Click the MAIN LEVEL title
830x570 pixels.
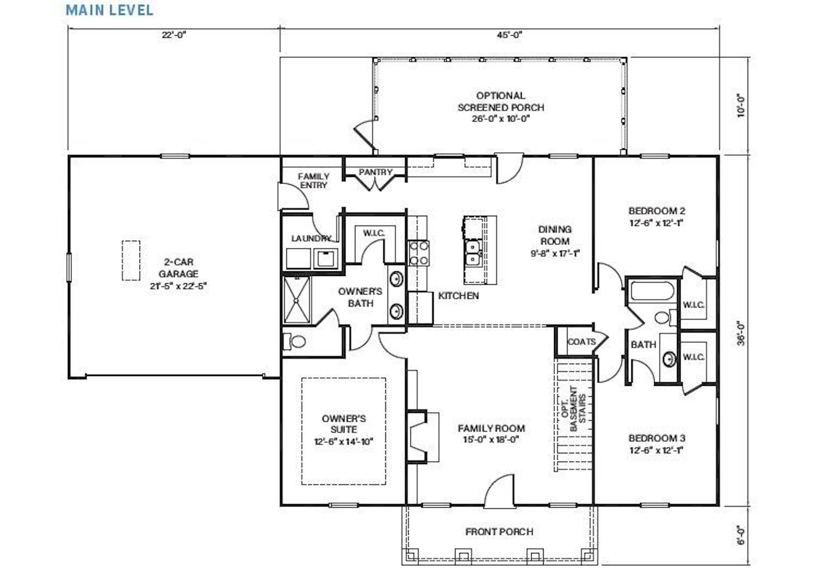click(x=109, y=10)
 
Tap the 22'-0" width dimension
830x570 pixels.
click(x=173, y=35)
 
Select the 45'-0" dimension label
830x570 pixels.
click(x=509, y=35)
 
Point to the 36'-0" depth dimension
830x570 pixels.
click(x=741, y=333)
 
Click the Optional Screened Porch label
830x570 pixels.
click(x=501, y=107)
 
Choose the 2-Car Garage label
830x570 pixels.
click(x=178, y=274)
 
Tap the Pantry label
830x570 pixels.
click(x=376, y=172)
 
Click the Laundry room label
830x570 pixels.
click(x=311, y=238)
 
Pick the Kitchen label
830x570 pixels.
click(x=459, y=296)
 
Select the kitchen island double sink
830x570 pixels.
click(x=473, y=253)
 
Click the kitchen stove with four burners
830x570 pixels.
click(x=419, y=253)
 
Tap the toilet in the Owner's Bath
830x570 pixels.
click(x=294, y=341)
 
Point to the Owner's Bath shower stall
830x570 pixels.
click(x=296, y=300)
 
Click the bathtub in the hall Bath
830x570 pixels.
click(x=652, y=291)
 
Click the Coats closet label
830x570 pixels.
click(x=582, y=341)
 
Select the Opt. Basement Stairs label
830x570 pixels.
click(x=573, y=409)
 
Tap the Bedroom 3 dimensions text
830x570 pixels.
click(x=656, y=450)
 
